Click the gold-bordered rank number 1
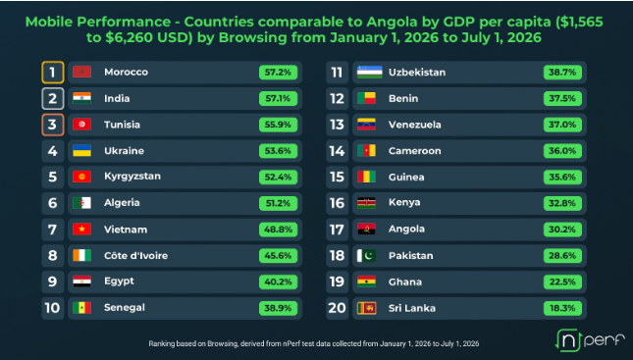[52, 73]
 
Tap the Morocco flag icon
[82, 72]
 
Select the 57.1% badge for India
[278, 98]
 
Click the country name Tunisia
[122, 125]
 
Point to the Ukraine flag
[82, 150]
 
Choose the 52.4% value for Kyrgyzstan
[278, 177]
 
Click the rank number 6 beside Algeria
[52, 203]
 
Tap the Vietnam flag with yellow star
[82, 230]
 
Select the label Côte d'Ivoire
[136, 255]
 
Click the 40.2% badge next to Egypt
[278, 282]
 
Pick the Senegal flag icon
[82, 308]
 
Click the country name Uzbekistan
[417, 73]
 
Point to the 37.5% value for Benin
[562, 98]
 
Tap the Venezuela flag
[367, 125]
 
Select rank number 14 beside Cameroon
[337, 151]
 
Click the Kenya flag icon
[367, 203]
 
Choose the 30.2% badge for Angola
[562, 230]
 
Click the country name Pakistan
[411, 255]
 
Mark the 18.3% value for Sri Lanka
[562, 308]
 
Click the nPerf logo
[590, 340]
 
